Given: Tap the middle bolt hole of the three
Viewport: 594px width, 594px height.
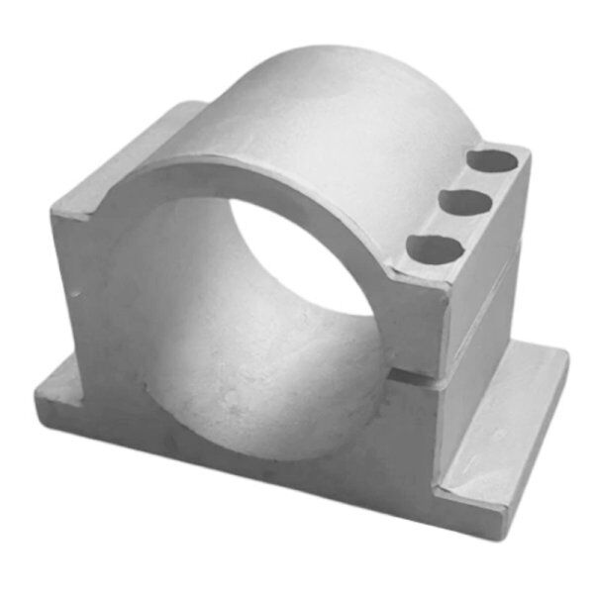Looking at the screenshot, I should (465, 202).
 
